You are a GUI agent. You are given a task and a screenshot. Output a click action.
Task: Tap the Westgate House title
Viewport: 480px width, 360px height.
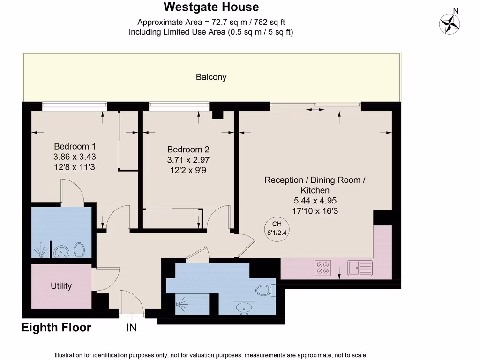point(211,7)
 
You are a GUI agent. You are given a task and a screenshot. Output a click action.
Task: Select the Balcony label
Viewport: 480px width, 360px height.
point(211,77)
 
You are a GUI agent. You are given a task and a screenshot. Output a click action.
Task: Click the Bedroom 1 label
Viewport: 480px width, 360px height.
point(75,146)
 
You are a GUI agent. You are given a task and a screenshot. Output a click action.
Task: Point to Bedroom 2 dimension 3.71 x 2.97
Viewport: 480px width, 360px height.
point(188,160)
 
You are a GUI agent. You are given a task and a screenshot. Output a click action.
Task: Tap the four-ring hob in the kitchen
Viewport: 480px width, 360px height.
point(323,267)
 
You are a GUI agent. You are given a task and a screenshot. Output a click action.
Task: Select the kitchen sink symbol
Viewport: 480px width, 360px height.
point(360,268)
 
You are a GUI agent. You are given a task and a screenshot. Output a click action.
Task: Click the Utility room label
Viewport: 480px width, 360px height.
point(61,286)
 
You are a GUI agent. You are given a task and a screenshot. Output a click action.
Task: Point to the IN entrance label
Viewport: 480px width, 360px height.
point(132,328)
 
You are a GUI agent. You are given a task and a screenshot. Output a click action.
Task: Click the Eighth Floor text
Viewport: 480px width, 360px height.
point(56,328)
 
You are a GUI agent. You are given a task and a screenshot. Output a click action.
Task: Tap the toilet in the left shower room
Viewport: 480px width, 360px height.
point(79,250)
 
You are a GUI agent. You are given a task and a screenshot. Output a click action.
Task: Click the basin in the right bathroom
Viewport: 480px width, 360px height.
point(243,308)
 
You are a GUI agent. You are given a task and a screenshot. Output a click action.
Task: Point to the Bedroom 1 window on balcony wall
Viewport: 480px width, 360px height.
point(75,106)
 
